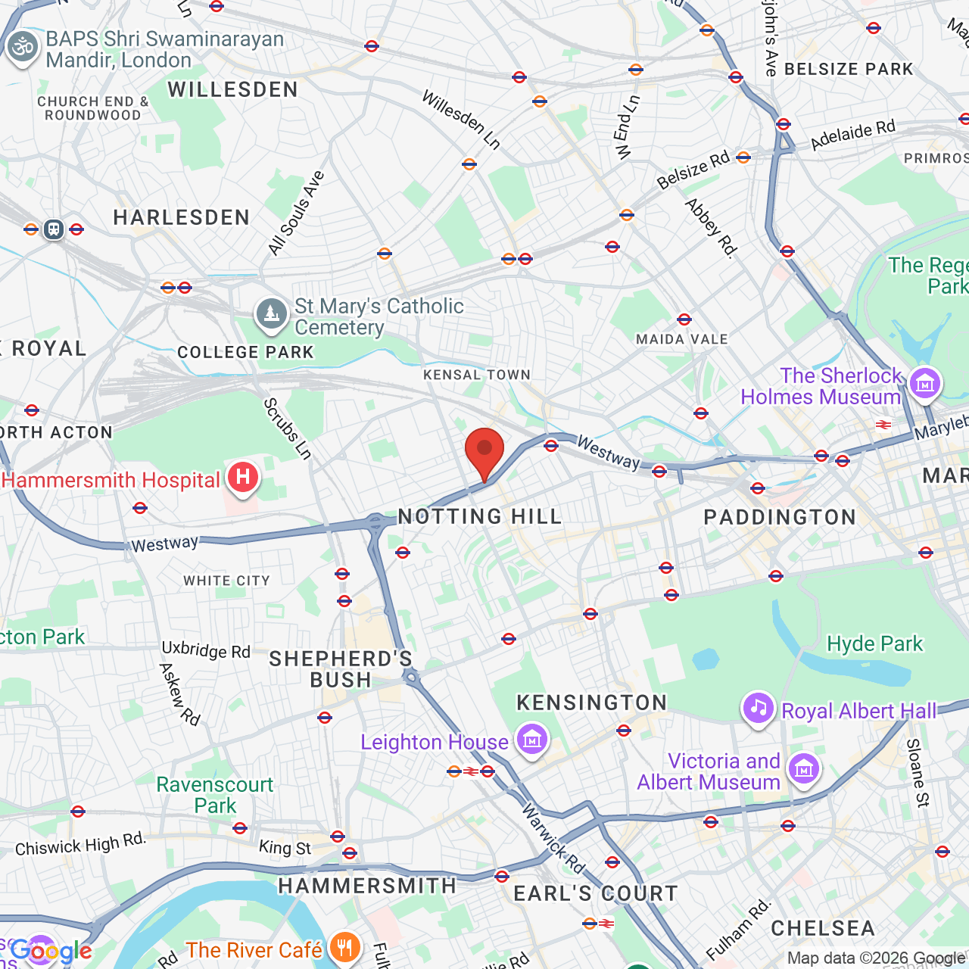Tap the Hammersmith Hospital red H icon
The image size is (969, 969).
(242, 477)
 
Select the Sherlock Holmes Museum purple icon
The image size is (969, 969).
(925, 383)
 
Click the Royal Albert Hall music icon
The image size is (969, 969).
(758, 709)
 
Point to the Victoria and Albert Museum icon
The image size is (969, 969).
(803, 769)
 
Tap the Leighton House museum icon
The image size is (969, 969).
(531, 739)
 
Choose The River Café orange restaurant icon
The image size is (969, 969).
(345, 946)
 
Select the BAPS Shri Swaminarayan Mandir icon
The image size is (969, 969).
(23, 48)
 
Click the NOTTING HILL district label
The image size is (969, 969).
(480, 517)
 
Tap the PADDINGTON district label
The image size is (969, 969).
(780, 518)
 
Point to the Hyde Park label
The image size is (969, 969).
(874, 644)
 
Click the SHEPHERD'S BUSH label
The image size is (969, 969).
(341, 669)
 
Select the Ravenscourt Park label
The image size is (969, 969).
(215, 795)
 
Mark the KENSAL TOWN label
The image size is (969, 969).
(477, 375)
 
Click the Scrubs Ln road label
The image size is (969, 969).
(287, 428)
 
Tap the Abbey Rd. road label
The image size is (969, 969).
(711, 228)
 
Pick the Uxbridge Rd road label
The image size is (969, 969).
(206, 650)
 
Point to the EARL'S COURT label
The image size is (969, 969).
(596, 894)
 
